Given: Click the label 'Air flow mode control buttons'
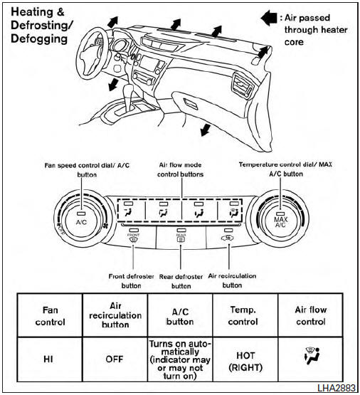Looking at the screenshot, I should pos(181,169).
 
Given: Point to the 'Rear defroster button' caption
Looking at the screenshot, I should pos(181,280).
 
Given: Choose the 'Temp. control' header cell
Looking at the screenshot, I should pos(245,316).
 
